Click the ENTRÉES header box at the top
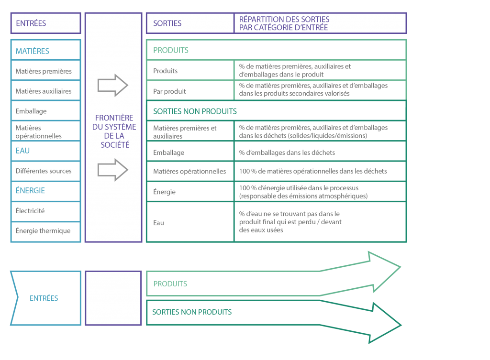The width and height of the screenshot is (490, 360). [45, 23]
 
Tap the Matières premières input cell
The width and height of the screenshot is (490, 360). [45, 70]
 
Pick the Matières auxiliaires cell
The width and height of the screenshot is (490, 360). [45, 90]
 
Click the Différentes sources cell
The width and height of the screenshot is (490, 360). [45, 171]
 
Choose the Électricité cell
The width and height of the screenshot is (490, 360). [45, 211]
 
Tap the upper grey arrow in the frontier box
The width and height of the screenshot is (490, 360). [112, 85]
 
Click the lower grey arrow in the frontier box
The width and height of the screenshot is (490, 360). [112, 170]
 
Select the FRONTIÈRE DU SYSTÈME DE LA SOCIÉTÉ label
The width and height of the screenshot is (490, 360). [114, 131]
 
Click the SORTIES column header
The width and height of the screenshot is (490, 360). [190, 23]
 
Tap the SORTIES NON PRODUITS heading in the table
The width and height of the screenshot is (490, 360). [195, 111]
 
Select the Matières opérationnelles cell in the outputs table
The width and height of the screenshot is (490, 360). [190, 171]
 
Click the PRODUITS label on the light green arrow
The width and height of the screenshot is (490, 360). [170, 284]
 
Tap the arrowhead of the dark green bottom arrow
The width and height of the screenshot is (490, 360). [385, 323]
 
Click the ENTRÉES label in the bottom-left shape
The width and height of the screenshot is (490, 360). [44, 298]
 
